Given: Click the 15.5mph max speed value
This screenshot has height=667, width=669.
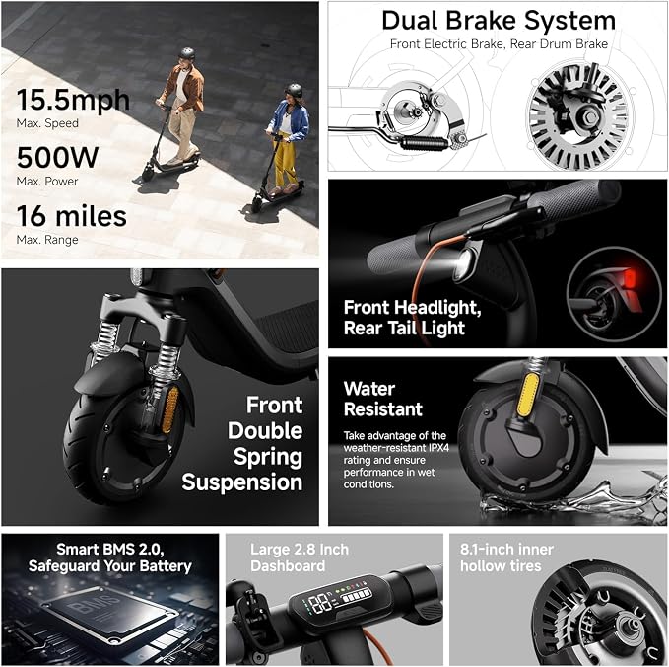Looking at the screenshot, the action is click(x=73, y=100).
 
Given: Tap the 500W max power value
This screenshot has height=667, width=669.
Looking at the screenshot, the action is click(x=57, y=157).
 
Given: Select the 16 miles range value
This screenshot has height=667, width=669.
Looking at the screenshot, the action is click(x=71, y=216).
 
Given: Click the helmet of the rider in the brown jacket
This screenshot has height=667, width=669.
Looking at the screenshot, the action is click(x=187, y=53).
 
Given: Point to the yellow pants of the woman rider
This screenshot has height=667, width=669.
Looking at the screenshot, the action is click(x=285, y=162).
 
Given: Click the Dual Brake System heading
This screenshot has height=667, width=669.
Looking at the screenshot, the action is click(x=499, y=21).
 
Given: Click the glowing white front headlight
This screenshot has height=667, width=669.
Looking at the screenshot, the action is click(x=464, y=261).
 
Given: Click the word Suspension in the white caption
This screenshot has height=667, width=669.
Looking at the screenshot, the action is click(x=242, y=482).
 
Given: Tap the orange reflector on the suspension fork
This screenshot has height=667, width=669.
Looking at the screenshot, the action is click(x=169, y=409).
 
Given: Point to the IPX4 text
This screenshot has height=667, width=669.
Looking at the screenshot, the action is click(x=437, y=448).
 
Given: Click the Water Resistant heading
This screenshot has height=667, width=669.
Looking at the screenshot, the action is click(x=383, y=399).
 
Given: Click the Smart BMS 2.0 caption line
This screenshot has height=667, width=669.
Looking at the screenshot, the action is click(x=110, y=549).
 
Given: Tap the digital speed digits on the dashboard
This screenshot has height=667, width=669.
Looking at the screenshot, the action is click(x=320, y=604).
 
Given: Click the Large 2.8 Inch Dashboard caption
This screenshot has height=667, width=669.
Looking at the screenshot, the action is click(x=300, y=557).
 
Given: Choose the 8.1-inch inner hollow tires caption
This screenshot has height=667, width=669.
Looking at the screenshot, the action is click(x=506, y=557).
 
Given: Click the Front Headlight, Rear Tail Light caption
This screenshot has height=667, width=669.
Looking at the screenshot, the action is click(x=412, y=318).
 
